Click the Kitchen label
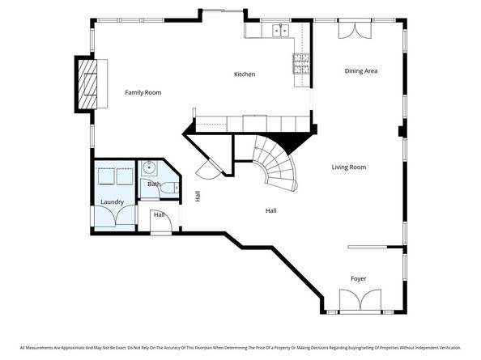click(x=245, y=74)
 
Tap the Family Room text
click(x=143, y=92)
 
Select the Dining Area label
click(x=361, y=71)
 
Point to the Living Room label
click(x=349, y=167)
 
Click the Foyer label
click(x=358, y=278)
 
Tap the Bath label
click(x=154, y=184)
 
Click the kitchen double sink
click(x=280, y=31)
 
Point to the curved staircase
click(x=275, y=162)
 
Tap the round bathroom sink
click(x=147, y=168)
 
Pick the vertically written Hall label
click(x=198, y=196)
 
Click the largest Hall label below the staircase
click(x=271, y=211)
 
